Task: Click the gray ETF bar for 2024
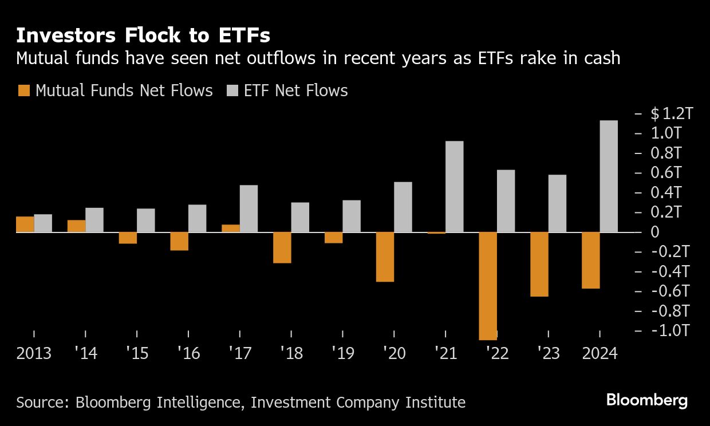(609, 176)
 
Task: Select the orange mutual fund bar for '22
(488, 286)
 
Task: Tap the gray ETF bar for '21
(454, 187)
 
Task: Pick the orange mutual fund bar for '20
(385, 257)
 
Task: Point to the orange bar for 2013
(25, 224)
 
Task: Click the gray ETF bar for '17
(249, 208)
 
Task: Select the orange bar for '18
(282, 247)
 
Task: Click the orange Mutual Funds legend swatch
(24, 90)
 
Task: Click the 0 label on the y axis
(655, 232)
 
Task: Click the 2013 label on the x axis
(34, 353)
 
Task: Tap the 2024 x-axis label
(599, 353)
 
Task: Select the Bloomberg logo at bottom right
(646, 400)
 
